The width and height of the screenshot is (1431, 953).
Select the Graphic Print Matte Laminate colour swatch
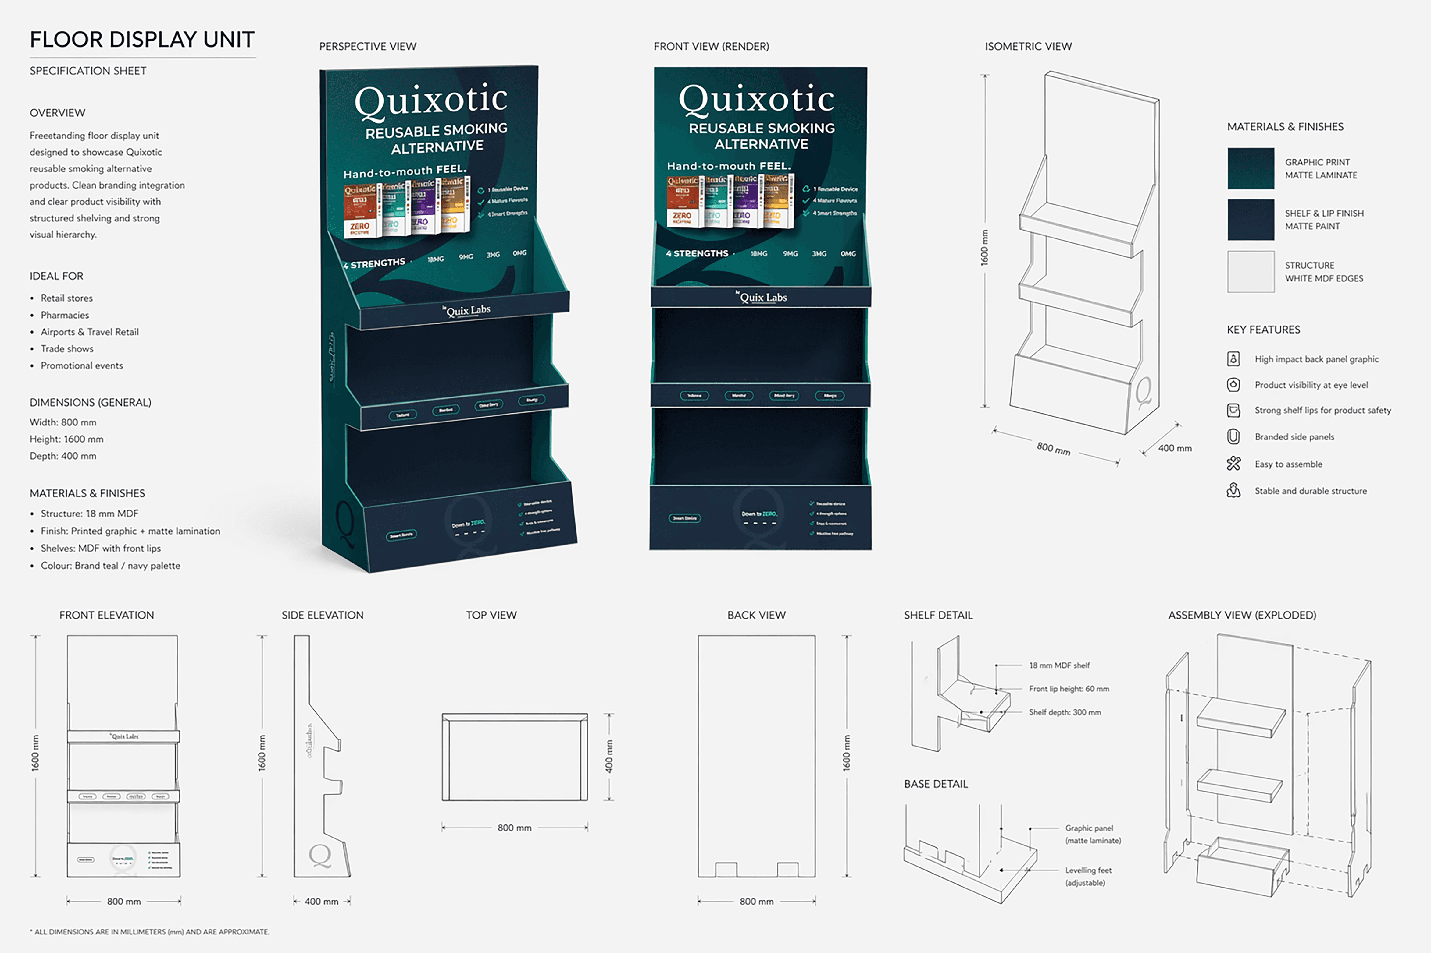pos(1251,168)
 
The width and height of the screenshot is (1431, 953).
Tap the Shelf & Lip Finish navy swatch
pos(1251,219)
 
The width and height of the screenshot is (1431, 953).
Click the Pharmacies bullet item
pos(64,315)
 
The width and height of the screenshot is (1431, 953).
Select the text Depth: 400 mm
pos(62,456)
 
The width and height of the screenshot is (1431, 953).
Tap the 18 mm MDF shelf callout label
pos(1059,665)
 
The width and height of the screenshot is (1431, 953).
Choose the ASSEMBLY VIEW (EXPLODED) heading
pos(1242,615)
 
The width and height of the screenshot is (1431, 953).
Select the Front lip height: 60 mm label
pos(1069,689)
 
